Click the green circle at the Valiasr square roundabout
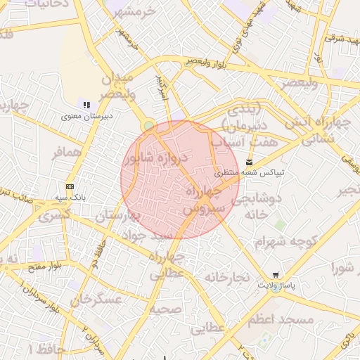[x=148, y=126]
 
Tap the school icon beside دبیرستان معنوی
[x=86, y=105]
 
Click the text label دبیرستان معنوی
[x=87, y=116]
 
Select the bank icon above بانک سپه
[x=70, y=186]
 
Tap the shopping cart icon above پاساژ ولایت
[x=274, y=275]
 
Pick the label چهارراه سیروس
[x=204, y=200]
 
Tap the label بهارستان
[x=117, y=215]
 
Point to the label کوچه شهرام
[x=286, y=241]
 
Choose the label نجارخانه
[x=227, y=277]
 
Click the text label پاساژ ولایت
[x=275, y=285]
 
